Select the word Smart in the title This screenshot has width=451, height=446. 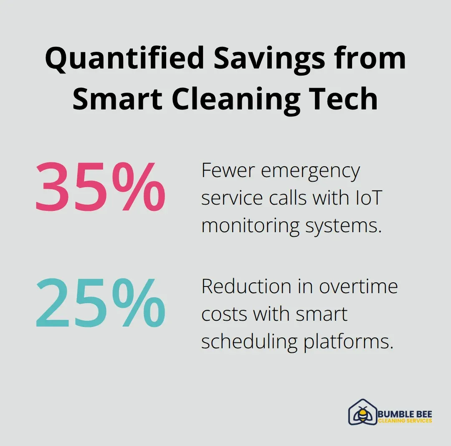point(117,99)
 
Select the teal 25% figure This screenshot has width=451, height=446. point(100,303)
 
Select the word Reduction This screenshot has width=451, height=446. point(246,286)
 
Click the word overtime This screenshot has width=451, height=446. point(358,286)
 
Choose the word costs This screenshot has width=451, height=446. point(224,314)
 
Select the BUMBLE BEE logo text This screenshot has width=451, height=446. point(405,414)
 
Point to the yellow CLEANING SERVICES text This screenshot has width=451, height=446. point(405,421)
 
